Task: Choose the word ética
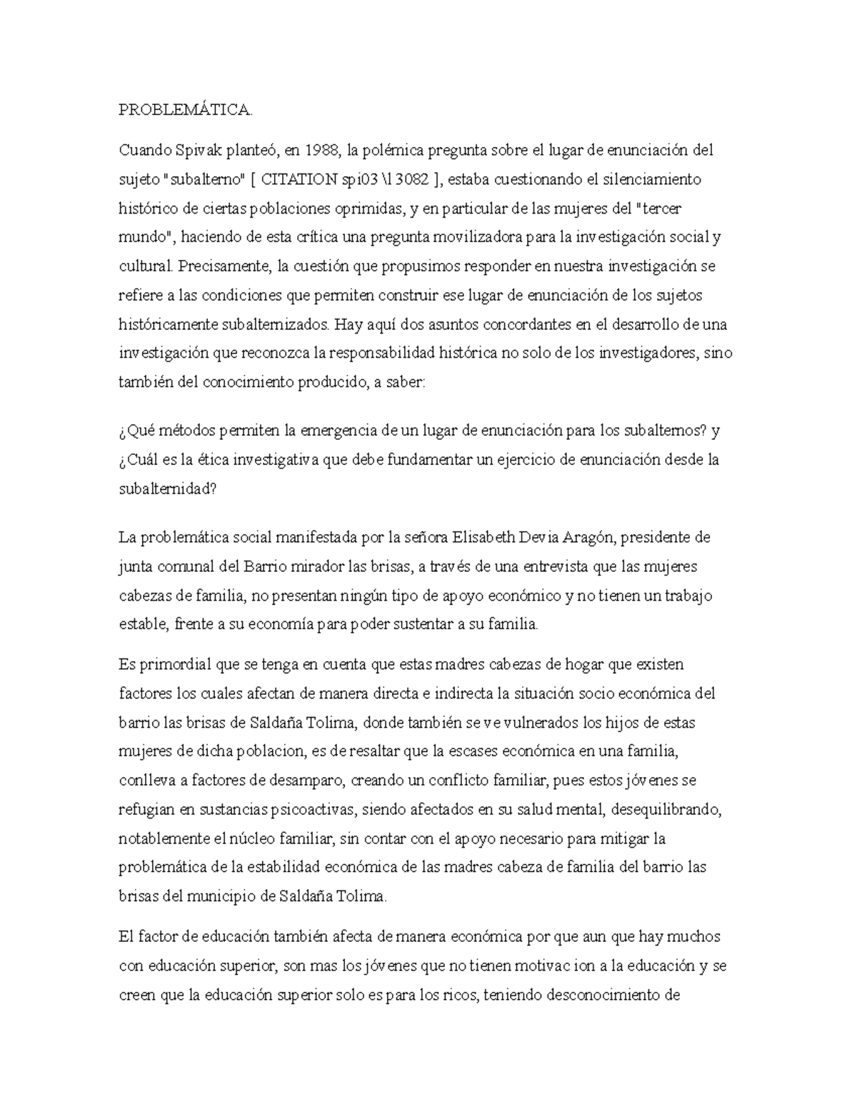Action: tap(228, 460)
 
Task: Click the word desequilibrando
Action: tap(669, 809)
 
